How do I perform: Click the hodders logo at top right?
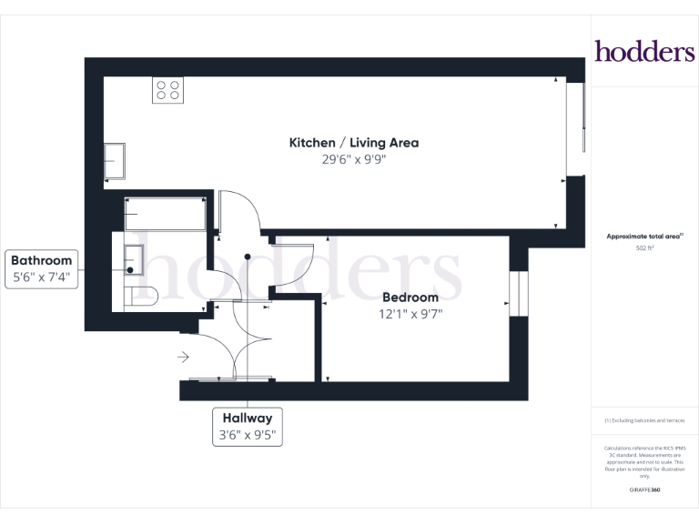[x=644, y=51]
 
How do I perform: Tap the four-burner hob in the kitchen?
[x=167, y=90]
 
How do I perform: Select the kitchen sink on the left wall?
[x=115, y=161]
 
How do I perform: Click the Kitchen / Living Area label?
[x=353, y=143]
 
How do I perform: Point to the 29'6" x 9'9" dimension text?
[x=353, y=158]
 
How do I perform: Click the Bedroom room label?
[x=410, y=297]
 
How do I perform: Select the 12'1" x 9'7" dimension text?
[x=410, y=314]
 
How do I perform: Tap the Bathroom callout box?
[x=42, y=269]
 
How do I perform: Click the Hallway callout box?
[x=247, y=427]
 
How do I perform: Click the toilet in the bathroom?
[x=144, y=296]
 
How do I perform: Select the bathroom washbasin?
[x=133, y=258]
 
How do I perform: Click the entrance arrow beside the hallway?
[x=183, y=357]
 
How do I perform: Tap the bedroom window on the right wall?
[x=519, y=294]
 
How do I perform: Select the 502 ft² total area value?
[x=644, y=247]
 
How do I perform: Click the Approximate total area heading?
[x=644, y=237]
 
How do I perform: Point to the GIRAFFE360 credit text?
[x=644, y=490]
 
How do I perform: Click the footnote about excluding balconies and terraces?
[x=644, y=420]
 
